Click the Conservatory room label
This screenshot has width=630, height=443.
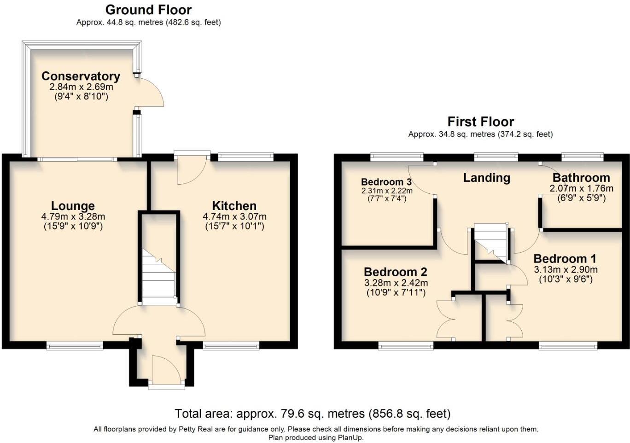click(81, 76)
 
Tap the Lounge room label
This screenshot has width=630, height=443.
click(73, 206)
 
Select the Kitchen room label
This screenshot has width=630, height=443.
click(234, 206)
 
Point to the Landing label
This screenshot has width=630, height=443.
click(487, 178)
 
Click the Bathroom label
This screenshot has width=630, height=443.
click(581, 178)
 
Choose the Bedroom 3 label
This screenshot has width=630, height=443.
click(386, 182)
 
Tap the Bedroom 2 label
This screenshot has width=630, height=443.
click(396, 272)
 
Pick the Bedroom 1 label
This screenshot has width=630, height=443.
click(565, 259)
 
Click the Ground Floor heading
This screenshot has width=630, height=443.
click(148, 10)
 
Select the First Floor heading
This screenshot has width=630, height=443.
click(481, 122)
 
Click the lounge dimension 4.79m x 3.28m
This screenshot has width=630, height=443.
click(73, 216)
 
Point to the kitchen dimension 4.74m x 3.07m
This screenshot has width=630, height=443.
click(234, 216)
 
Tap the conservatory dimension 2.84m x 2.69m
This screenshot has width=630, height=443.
click(81, 87)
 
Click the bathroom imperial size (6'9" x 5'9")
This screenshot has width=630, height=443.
click(581, 198)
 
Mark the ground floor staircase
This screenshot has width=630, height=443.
click(159, 277)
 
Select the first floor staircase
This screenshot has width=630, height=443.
click(491, 243)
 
